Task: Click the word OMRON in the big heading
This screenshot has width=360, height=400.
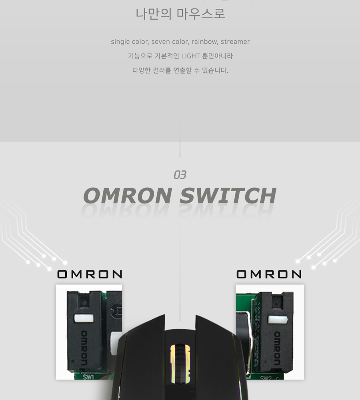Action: coord(128,196)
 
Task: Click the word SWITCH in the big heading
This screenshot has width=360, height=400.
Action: coord(228,196)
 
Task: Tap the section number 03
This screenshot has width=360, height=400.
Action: coord(180,175)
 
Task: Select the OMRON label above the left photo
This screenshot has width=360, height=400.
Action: coord(90,274)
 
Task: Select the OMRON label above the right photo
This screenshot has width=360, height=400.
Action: coord(269,274)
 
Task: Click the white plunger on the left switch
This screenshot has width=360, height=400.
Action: coord(84,318)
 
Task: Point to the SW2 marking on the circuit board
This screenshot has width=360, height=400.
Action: coord(266,377)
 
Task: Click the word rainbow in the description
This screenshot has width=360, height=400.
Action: coord(204,42)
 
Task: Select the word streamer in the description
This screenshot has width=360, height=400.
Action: coord(235,42)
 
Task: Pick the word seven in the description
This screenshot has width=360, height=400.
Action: coord(160,42)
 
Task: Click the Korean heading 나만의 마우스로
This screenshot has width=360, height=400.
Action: coord(180,14)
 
